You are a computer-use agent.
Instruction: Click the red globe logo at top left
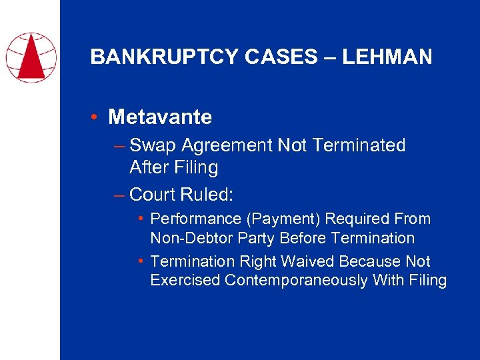[30, 56]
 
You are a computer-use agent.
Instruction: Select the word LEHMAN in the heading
[387, 57]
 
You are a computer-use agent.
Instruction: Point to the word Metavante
[160, 117]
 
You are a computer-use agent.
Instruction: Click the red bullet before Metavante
[97, 117]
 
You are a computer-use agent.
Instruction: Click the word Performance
[191, 219]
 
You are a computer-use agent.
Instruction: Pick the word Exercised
[185, 281]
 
